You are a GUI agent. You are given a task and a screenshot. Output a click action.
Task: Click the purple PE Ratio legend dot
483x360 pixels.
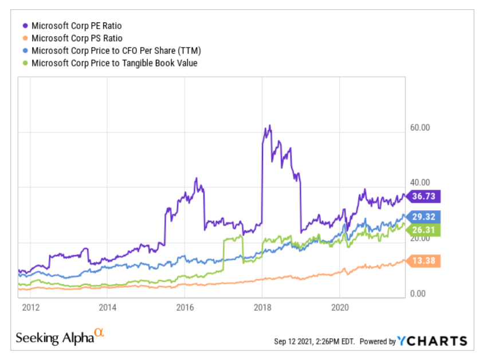pos(25,26)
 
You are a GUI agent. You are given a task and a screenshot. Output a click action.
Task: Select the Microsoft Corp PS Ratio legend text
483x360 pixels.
pos(77,38)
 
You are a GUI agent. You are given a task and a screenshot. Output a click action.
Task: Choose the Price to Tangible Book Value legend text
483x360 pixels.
pos(114,63)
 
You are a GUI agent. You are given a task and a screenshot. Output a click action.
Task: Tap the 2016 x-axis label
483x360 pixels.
pos(184,307)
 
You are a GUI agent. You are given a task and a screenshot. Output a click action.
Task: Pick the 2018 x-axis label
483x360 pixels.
pos(262,307)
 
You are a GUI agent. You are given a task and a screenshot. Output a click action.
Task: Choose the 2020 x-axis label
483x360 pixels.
pos(340,307)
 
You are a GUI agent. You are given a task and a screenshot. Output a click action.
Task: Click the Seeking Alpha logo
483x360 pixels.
pos(60,337)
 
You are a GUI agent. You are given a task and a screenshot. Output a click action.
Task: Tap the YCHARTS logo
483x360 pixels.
pos(433,341)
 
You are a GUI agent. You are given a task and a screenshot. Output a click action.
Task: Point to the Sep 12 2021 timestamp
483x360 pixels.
pos(315,342)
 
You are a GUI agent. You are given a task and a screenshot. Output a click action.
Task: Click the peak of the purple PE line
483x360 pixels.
pos(269,126)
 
